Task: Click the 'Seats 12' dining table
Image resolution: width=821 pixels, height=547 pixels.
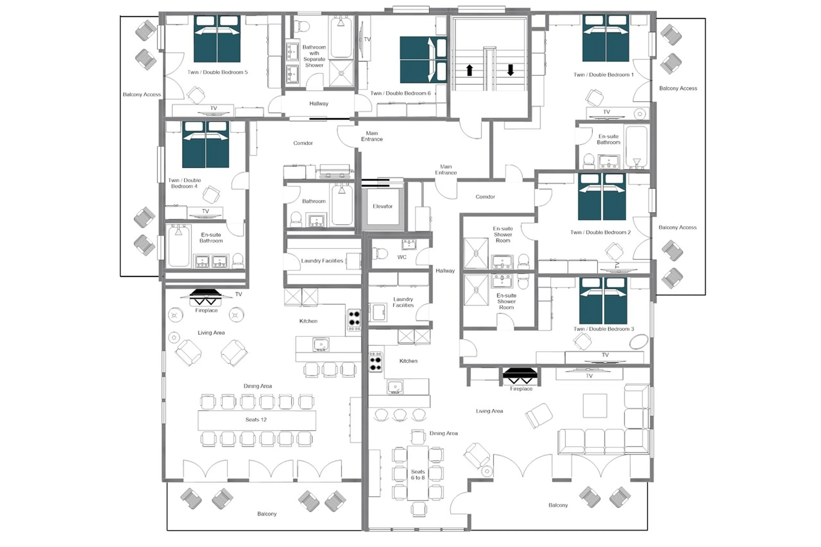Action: pyautogui.click(x=256, y=420)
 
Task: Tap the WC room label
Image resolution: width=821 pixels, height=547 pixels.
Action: pyautogui.click(x=402, y=257)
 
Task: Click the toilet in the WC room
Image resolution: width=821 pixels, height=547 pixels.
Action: pyautogui.click(x=380, y=253)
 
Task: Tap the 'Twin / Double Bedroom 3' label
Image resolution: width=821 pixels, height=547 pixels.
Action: pyautogui.click(x=603, y=329)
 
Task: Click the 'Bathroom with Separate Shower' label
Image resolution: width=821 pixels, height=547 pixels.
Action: pyautogui.click(x=314, y=56)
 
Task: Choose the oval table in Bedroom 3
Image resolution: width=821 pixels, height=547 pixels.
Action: pyautogui.click(x=638, y=342)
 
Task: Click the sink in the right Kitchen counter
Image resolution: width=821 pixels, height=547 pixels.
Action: pyautogui.click(x=395, y=387)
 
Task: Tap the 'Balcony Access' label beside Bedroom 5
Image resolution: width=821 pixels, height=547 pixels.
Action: pyautogui.click(x=142, y=94)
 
